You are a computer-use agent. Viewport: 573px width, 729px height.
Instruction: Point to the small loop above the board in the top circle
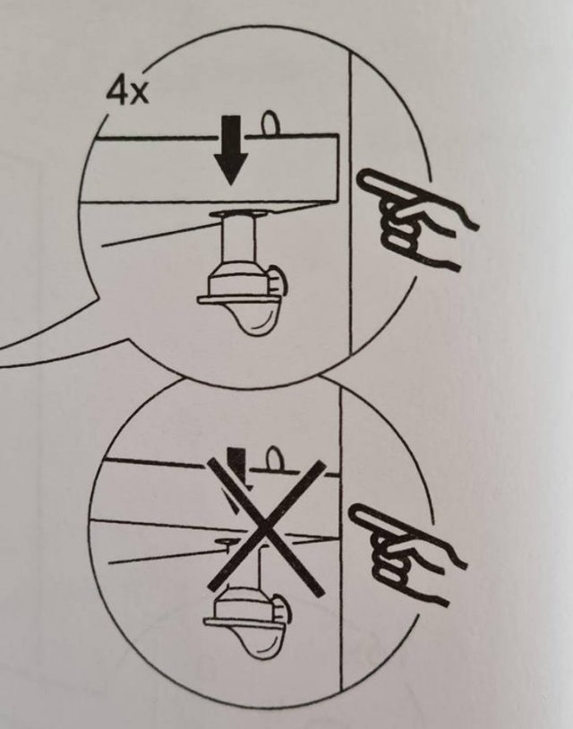268,123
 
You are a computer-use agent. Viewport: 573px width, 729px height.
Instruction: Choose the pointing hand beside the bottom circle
407,555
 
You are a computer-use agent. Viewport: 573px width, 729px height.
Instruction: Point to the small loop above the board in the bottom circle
272,460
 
